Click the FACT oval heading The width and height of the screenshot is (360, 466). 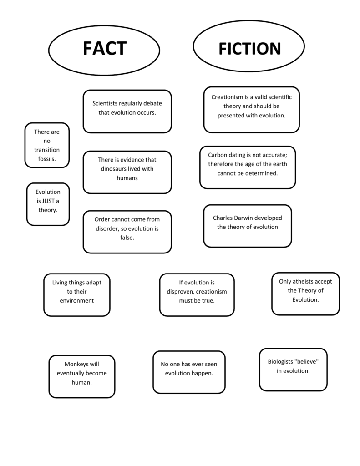[104, 50]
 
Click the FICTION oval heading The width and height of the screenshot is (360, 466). [249, 46]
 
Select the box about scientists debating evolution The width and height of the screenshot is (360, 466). [127, 111]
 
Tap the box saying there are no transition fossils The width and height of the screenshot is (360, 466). [47, 145]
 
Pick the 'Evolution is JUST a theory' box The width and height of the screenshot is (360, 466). [48, 204]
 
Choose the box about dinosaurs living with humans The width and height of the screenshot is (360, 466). [127, 172]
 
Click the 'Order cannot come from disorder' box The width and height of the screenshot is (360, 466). [127, 232]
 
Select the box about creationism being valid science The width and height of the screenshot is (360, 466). [252, 110]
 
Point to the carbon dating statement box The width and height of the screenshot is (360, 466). [248, 167]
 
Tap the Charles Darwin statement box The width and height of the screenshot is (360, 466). [248, 226]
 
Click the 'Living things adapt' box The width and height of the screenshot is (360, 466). [77, 295]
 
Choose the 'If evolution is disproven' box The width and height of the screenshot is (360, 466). [197, 295]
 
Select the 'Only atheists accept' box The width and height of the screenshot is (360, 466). [305, 294]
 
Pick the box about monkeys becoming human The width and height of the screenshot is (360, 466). [82, 376]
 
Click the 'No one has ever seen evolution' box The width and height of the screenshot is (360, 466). [189, 372]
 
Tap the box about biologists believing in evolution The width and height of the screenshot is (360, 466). [293, 370]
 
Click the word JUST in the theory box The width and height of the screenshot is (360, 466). [48, 201]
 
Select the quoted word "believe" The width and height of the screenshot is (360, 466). [306, 361]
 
